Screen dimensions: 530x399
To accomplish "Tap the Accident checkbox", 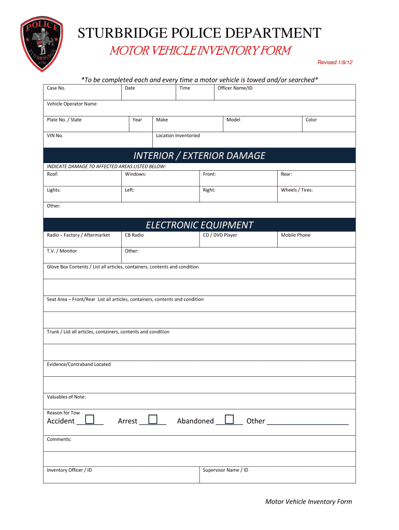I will point(90,419).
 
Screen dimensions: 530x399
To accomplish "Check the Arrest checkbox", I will point(152,419).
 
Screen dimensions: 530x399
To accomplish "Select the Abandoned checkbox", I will point(229,419).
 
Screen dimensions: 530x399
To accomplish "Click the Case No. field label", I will point(56,88).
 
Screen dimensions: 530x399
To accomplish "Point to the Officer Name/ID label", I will point(235,88).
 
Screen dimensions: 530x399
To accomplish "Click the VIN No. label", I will point(55,136).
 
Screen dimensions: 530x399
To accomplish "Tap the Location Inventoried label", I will point(178,136).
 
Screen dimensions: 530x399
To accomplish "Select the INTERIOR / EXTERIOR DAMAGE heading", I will point(199,156).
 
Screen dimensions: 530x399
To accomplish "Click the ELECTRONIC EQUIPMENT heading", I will point(199,225).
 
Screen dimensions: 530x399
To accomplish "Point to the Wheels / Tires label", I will point(296,190).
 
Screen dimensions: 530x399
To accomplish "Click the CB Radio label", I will point(134,235).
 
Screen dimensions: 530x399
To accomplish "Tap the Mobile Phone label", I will point(295,235).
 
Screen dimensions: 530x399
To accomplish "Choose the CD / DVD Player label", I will point(220,235).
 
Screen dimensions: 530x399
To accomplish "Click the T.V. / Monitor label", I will point(62,251).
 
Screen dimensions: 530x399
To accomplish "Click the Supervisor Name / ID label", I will point(225,470).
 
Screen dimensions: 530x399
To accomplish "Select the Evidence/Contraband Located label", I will point(79,364).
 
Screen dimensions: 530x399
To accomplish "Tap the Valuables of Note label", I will point(66,397).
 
